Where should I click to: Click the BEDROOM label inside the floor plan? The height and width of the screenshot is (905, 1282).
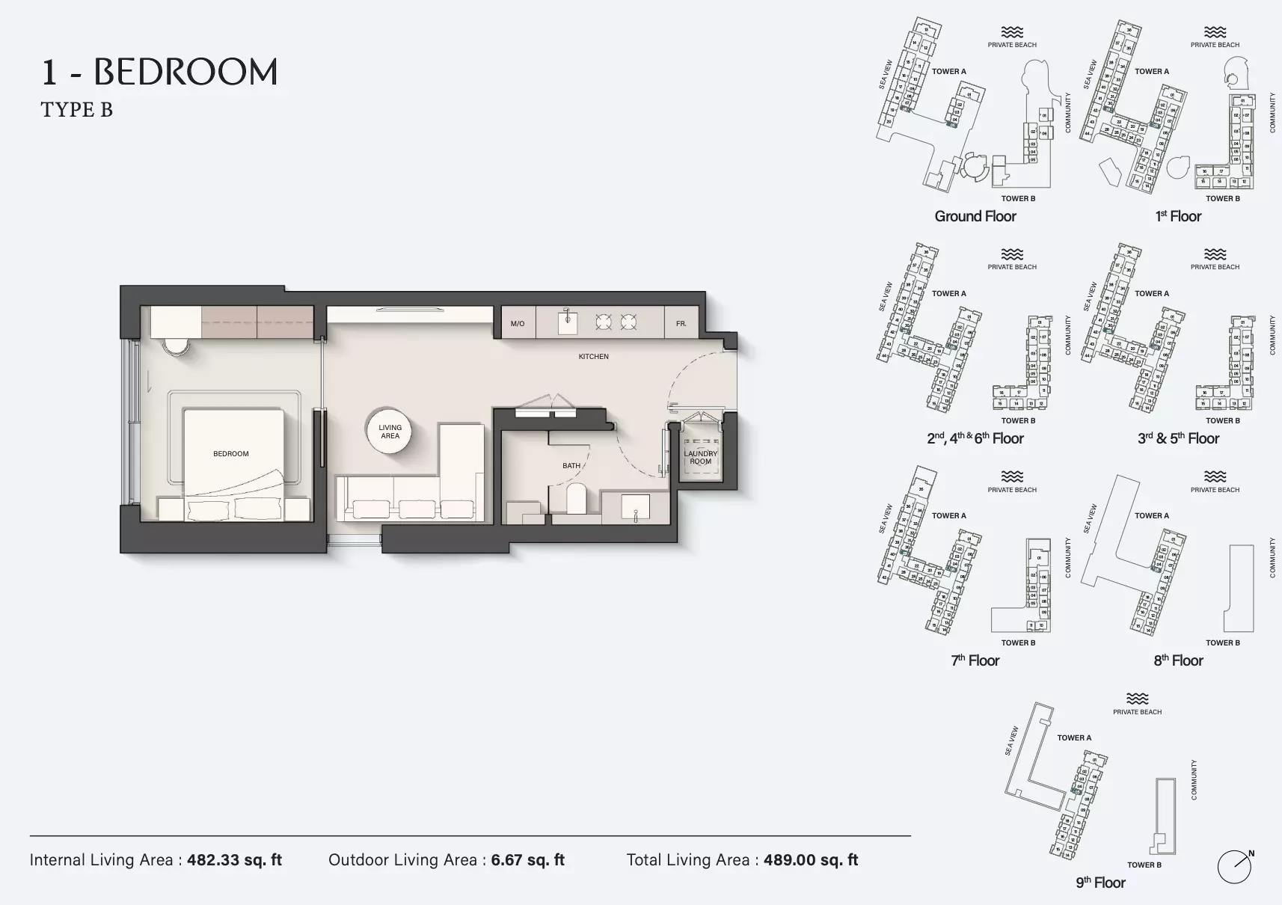click(x=230, y=454)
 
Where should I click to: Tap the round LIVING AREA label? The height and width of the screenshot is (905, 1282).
click(x=390, y=432)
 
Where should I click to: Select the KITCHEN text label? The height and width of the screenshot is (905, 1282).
click(x=593, y=357)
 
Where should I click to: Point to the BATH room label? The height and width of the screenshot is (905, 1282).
click(x=571, y=466)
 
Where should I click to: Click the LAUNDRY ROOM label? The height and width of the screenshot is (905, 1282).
click(x=701, y=457)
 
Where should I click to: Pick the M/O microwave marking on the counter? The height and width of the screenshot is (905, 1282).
click(x=518, y=324)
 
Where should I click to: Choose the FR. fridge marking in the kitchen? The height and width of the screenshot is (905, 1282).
click(x=681, y=324)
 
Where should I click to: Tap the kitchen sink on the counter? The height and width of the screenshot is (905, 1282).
click(x=568, y=323)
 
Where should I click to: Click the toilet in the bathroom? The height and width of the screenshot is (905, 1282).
click(x=576, y=499)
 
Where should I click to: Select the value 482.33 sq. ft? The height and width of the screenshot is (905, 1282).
click(x=234, y=860)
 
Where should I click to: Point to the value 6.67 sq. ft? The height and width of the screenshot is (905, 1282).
click(x=527, y=860)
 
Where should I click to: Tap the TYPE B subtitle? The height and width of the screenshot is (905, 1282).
click(x=76, y=110)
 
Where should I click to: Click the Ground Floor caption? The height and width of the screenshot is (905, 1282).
click(x=975, y=217)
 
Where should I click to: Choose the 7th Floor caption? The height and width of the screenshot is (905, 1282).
click(x=975, y=661)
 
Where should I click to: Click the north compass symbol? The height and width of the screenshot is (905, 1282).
click(x=1234, y=867)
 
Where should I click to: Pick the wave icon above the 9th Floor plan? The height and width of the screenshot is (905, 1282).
click(x=1137, y=699)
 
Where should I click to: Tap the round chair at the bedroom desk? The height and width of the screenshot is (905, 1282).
click(x=177, y=346)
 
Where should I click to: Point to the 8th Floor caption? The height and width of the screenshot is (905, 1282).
click(x=1178, y=661)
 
